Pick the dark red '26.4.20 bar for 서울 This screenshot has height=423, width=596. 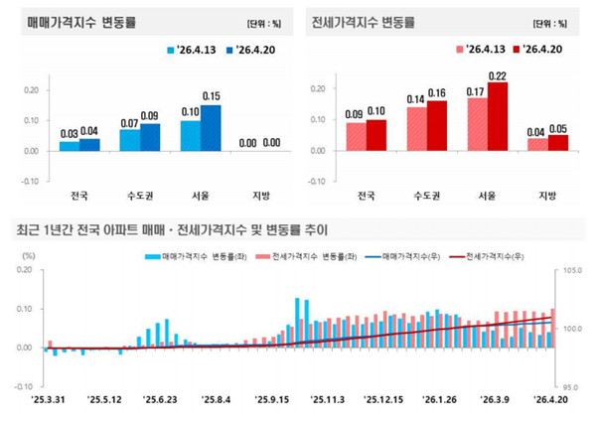[497, 116]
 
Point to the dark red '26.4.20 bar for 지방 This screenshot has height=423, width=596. [558, 143]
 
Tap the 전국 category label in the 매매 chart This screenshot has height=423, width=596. [70, 195]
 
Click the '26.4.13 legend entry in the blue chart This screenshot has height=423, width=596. [184, 49]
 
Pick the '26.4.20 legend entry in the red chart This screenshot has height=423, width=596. [540, 49]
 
